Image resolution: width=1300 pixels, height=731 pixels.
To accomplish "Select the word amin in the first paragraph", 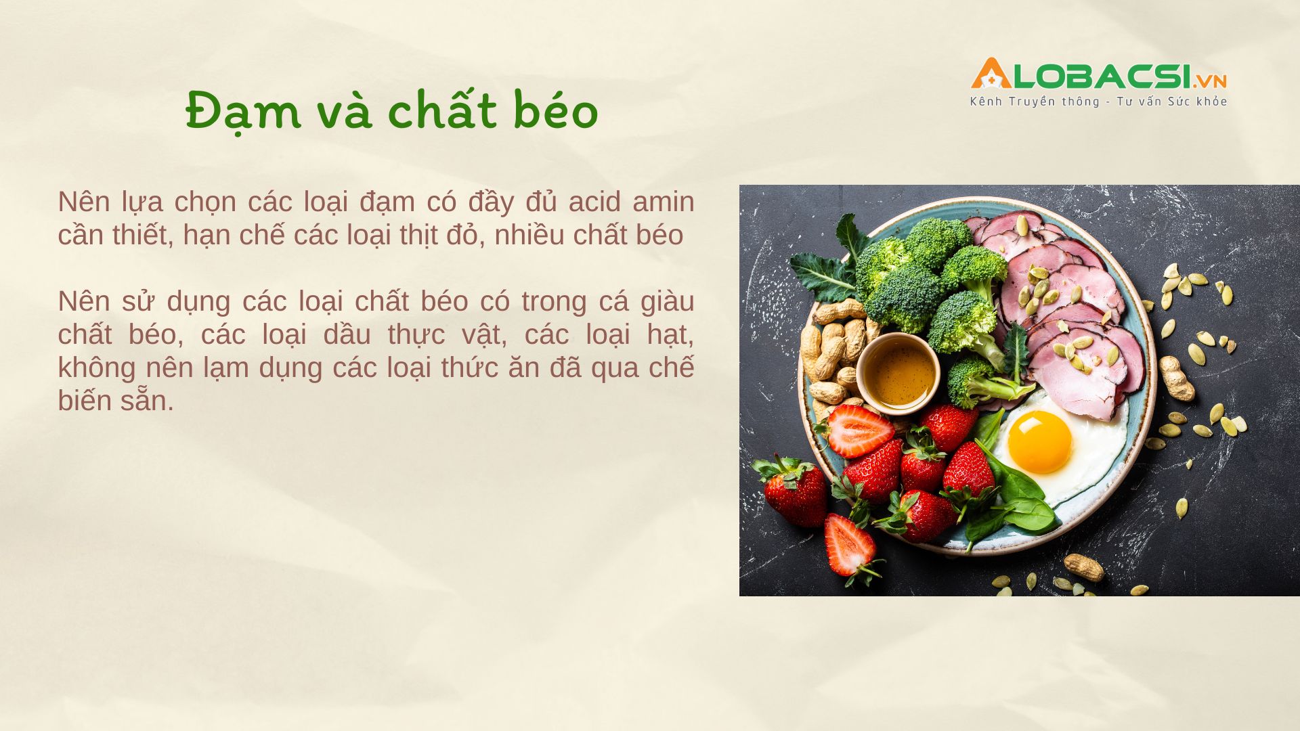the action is click(x=664, y=202).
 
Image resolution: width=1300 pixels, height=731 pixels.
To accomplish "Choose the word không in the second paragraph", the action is click(x=97, y=368).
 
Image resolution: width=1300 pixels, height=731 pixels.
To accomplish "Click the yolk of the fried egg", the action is click(x=1039, y=441).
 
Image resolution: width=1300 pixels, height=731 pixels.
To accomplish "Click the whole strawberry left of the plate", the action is click(x=794, y=492).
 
